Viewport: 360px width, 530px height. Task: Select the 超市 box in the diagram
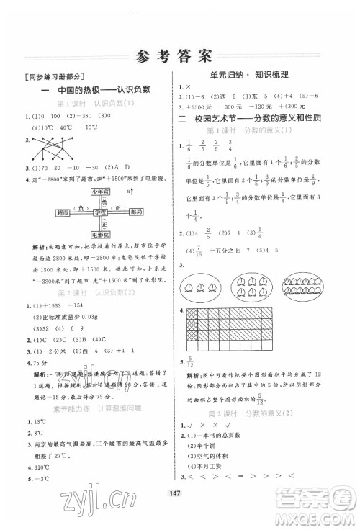tap(61, 213)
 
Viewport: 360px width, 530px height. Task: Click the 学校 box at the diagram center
tap(99, 213)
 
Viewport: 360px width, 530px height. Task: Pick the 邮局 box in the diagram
tap(138, 213)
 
